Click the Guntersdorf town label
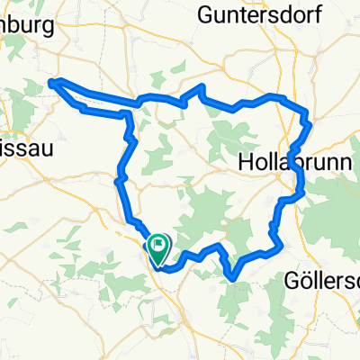(263, 14)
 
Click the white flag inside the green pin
(159, 241)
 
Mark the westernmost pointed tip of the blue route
(50, 83)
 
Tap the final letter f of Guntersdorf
(319, 14)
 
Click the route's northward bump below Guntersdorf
(202, 87)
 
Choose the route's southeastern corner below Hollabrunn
(282, 241)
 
